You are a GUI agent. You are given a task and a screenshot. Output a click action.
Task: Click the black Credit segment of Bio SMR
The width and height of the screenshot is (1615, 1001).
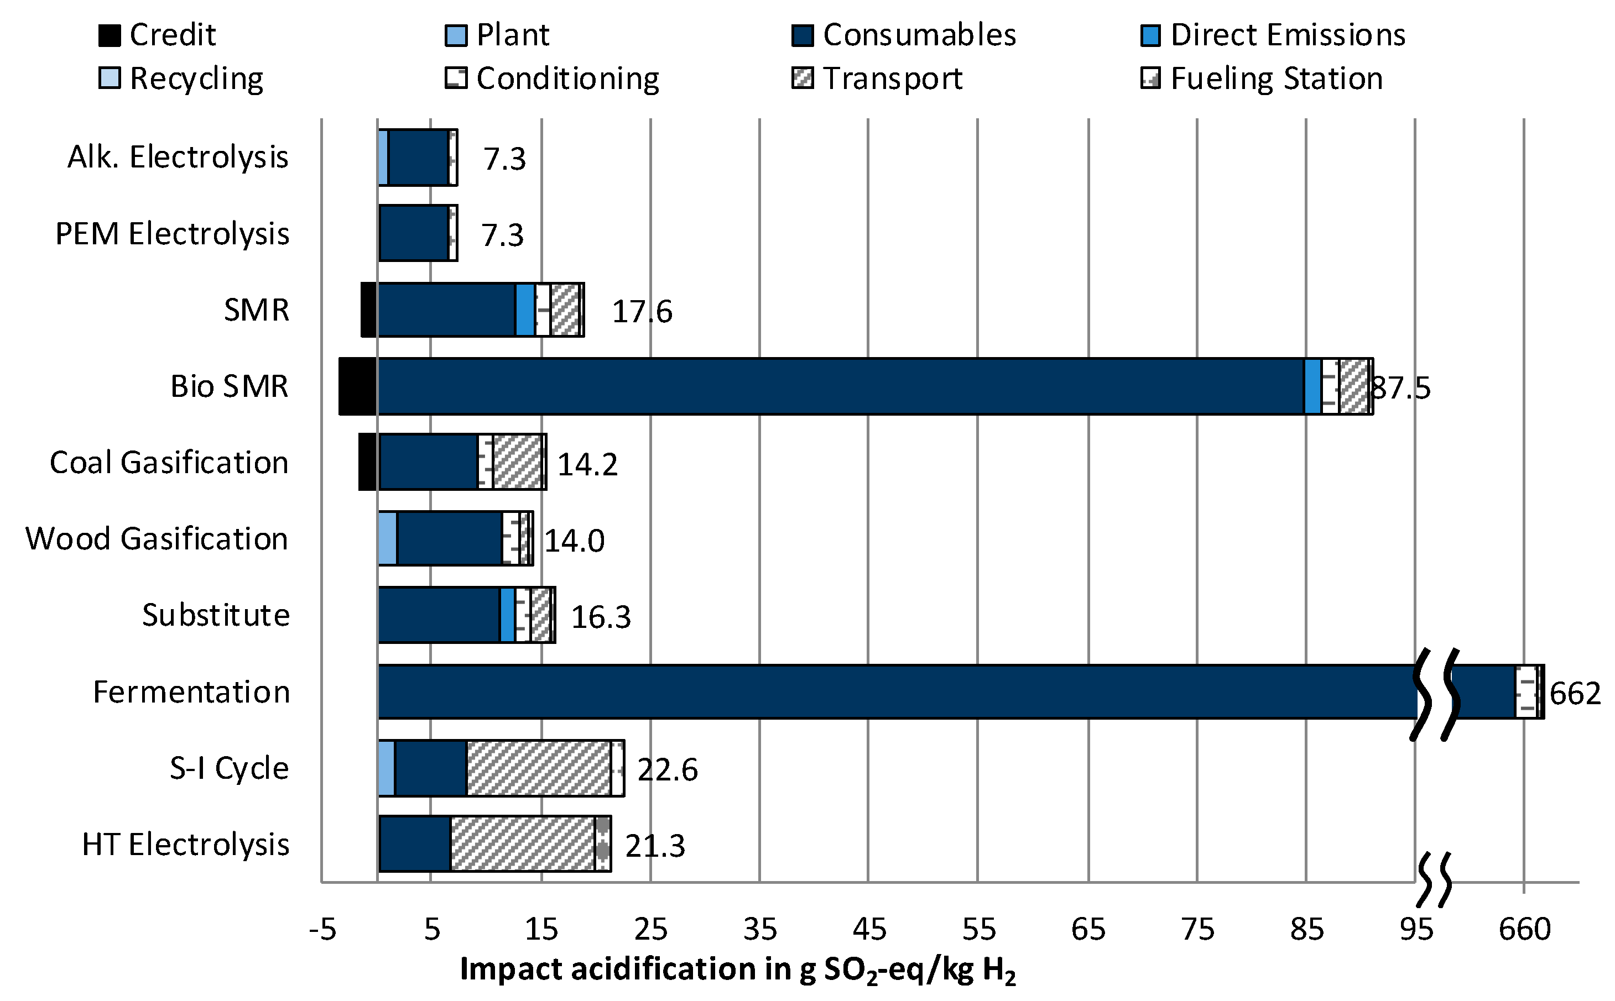pos(358,386)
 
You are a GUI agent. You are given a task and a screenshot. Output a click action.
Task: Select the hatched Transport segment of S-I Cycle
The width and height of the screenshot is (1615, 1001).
pos(538,768)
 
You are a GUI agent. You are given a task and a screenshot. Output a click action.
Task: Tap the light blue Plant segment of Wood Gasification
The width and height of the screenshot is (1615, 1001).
pos(388,538)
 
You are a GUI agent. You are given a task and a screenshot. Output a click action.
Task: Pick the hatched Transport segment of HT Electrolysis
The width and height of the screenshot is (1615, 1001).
pos(522,844)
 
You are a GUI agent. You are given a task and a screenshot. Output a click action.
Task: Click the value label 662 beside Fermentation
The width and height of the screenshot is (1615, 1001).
pos(1575,694)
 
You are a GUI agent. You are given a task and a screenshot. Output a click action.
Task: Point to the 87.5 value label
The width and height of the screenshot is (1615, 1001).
pos(1400,388)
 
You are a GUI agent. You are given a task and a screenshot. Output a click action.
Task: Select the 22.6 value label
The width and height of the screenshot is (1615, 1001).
pos(667,770)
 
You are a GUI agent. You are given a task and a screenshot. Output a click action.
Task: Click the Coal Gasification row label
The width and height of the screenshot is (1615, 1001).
pos(169,463)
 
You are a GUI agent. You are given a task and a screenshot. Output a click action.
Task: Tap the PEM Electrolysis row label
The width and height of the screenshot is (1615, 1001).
pos(171,234)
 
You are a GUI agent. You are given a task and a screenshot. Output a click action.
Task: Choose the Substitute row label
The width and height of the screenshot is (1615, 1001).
pos(215,615)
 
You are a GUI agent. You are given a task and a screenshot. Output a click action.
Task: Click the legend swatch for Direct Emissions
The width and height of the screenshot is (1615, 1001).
pos(1150,35)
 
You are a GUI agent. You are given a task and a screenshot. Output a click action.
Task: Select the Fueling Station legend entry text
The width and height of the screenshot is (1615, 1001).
pos(1276,79)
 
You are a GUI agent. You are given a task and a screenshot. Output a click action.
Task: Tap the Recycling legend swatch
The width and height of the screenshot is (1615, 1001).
pos(110,78)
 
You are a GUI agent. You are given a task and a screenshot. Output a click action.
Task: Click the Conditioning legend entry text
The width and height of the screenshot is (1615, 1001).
pos(567,79)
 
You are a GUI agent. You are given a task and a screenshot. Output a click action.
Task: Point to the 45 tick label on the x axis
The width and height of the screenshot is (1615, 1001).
pos(868,930)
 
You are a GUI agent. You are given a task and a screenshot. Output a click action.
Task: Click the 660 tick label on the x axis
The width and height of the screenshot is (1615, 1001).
pos(1524,930)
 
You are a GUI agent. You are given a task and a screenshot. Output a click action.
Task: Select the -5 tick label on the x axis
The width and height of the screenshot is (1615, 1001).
pos(322,930)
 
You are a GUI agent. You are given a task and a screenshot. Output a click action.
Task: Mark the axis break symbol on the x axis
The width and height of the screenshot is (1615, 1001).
pos(1434,881)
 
